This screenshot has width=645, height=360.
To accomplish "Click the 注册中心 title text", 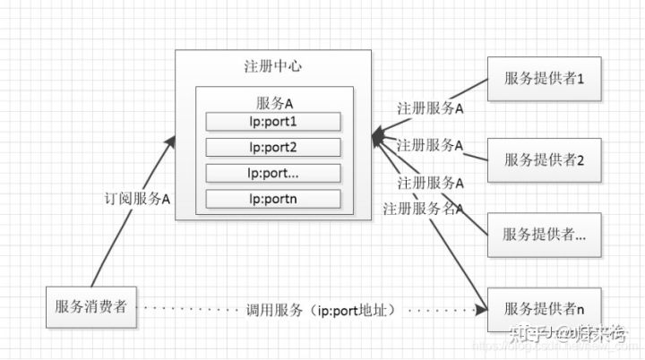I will (x=273, y=68).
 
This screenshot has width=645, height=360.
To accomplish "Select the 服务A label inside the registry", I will (x=274, y=103).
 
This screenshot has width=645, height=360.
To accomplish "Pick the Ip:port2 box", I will (x=273, y=147).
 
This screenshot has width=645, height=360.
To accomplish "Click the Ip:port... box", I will (x=273, y=173).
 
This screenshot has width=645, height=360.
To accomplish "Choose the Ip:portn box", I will (x=273, y=199).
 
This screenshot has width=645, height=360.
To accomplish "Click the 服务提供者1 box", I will (x=544, y=81).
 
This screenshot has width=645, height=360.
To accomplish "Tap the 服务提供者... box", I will (x=544, y=234).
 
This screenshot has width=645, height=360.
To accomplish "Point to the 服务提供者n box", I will (x=544, y=309).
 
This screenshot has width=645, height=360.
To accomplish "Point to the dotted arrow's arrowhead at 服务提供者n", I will (x=482, y=309).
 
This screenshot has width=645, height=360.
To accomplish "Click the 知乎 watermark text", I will (x=524, y=337).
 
